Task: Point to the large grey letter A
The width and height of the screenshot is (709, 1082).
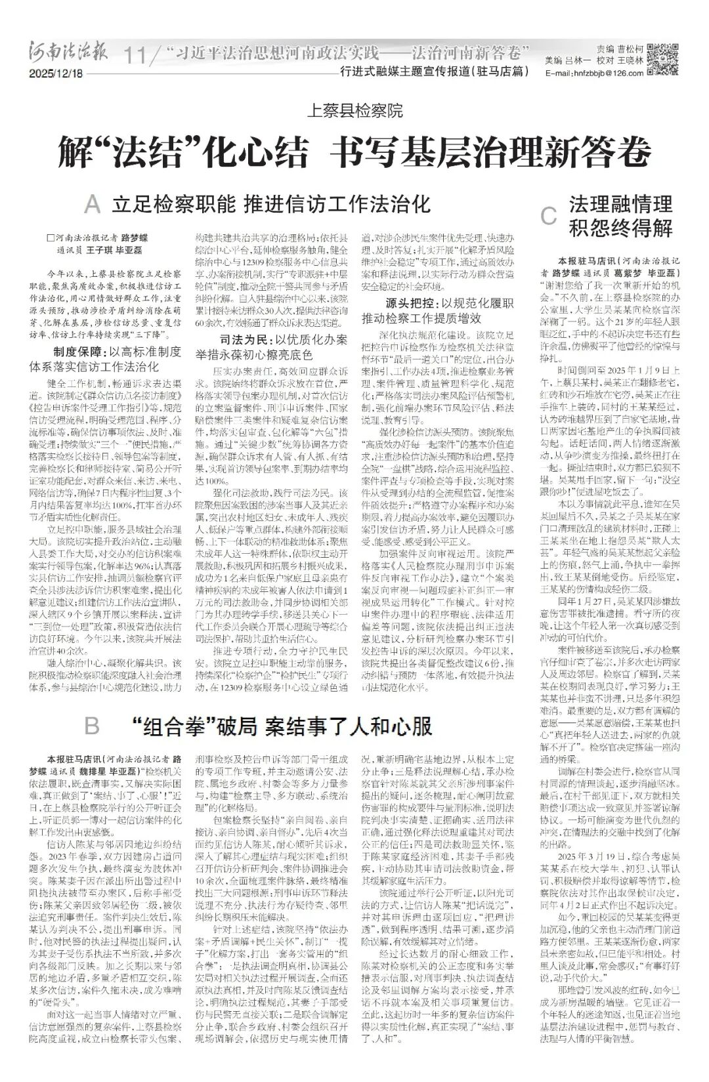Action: pyautogui.click(x=93, y=205)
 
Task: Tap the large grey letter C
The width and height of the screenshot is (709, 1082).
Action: pyautogui.click(x=549, y=216)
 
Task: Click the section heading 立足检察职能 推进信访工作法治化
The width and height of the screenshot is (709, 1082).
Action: pyautogui.click(x=270, y=203)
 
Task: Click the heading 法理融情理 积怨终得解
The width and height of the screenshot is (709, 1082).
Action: pyautogui.click(x=620, y=215)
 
